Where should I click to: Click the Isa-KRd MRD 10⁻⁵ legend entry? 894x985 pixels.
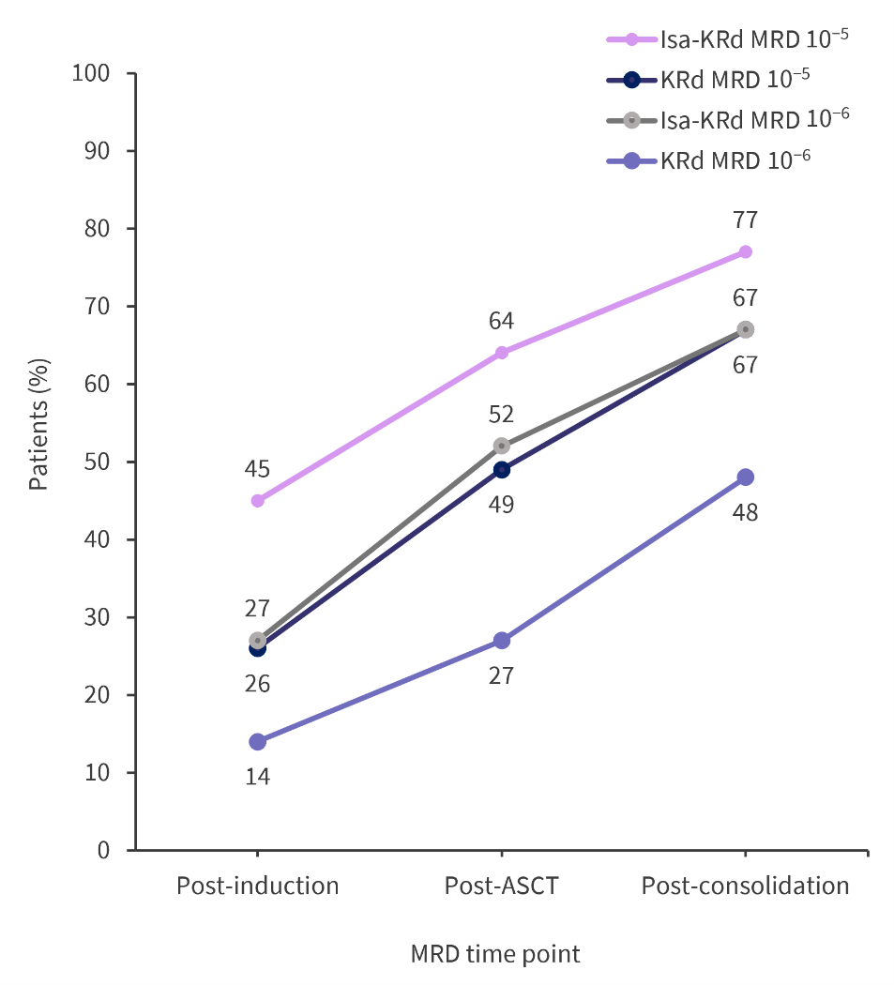pyautogui.click(x=727, y=39)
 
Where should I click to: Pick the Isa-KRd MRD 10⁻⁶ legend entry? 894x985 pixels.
pyautogui.click(x=727, y=119)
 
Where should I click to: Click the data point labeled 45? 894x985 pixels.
pyautogui.click(x=258, y=501)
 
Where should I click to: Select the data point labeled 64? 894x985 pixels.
pyautogui.click(x=502, y=353)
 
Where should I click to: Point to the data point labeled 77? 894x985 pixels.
pyautogui.click(x=746, y=251)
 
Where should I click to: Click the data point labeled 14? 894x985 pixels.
pyautogui.click(x=258, y=742)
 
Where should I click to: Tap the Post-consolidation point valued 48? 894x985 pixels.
pyautogui.click(x=746, y=477)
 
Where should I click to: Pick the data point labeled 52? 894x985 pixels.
pyautogui.click(x=502, y=446)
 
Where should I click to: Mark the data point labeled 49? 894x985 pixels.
pyautogui.click(x=502, y=469)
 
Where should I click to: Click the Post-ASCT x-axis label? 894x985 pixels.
pyautogui.click(x=501, y=886)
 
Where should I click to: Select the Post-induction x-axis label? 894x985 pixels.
pyautogui.click(x=258, y=886)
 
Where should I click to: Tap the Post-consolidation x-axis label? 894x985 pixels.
pyautogui.click(x=746, y=886)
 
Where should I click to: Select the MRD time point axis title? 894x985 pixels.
pyautogui.click(x=495, y=954)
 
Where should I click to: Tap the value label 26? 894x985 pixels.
pyautogui.click(x=258, y=684)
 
